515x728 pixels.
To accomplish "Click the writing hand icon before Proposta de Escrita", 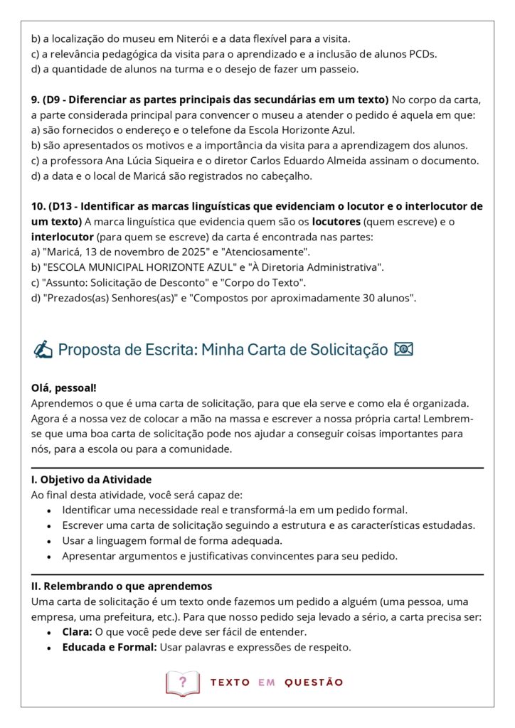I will (43, 350).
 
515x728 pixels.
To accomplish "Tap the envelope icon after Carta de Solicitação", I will (404, 349).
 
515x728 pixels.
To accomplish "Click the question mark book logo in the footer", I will (183, 682).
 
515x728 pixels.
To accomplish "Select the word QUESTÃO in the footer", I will (314, 682).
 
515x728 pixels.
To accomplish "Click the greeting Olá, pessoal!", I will (64, 388).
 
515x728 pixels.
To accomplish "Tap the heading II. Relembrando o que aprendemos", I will (122, 587).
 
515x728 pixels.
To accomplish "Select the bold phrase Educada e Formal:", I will (109, 648).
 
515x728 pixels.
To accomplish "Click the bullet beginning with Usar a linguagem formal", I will (163, 540).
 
